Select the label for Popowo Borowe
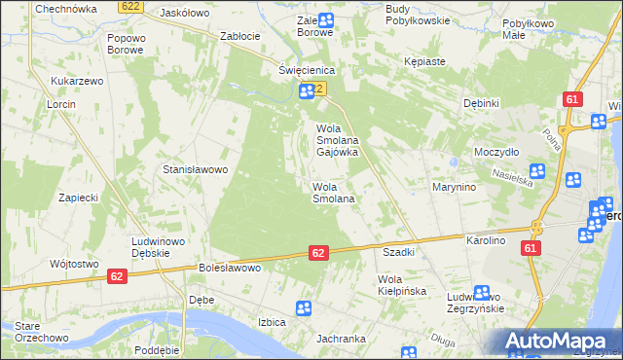pos(127,45)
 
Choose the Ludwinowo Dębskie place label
pos(158,247)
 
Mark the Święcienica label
pos(307,71)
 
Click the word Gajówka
pos(337,153)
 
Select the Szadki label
pos(399,252)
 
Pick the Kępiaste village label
pos(424,61)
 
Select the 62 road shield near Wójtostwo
pos(116,277)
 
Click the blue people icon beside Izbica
pos(304,308)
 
